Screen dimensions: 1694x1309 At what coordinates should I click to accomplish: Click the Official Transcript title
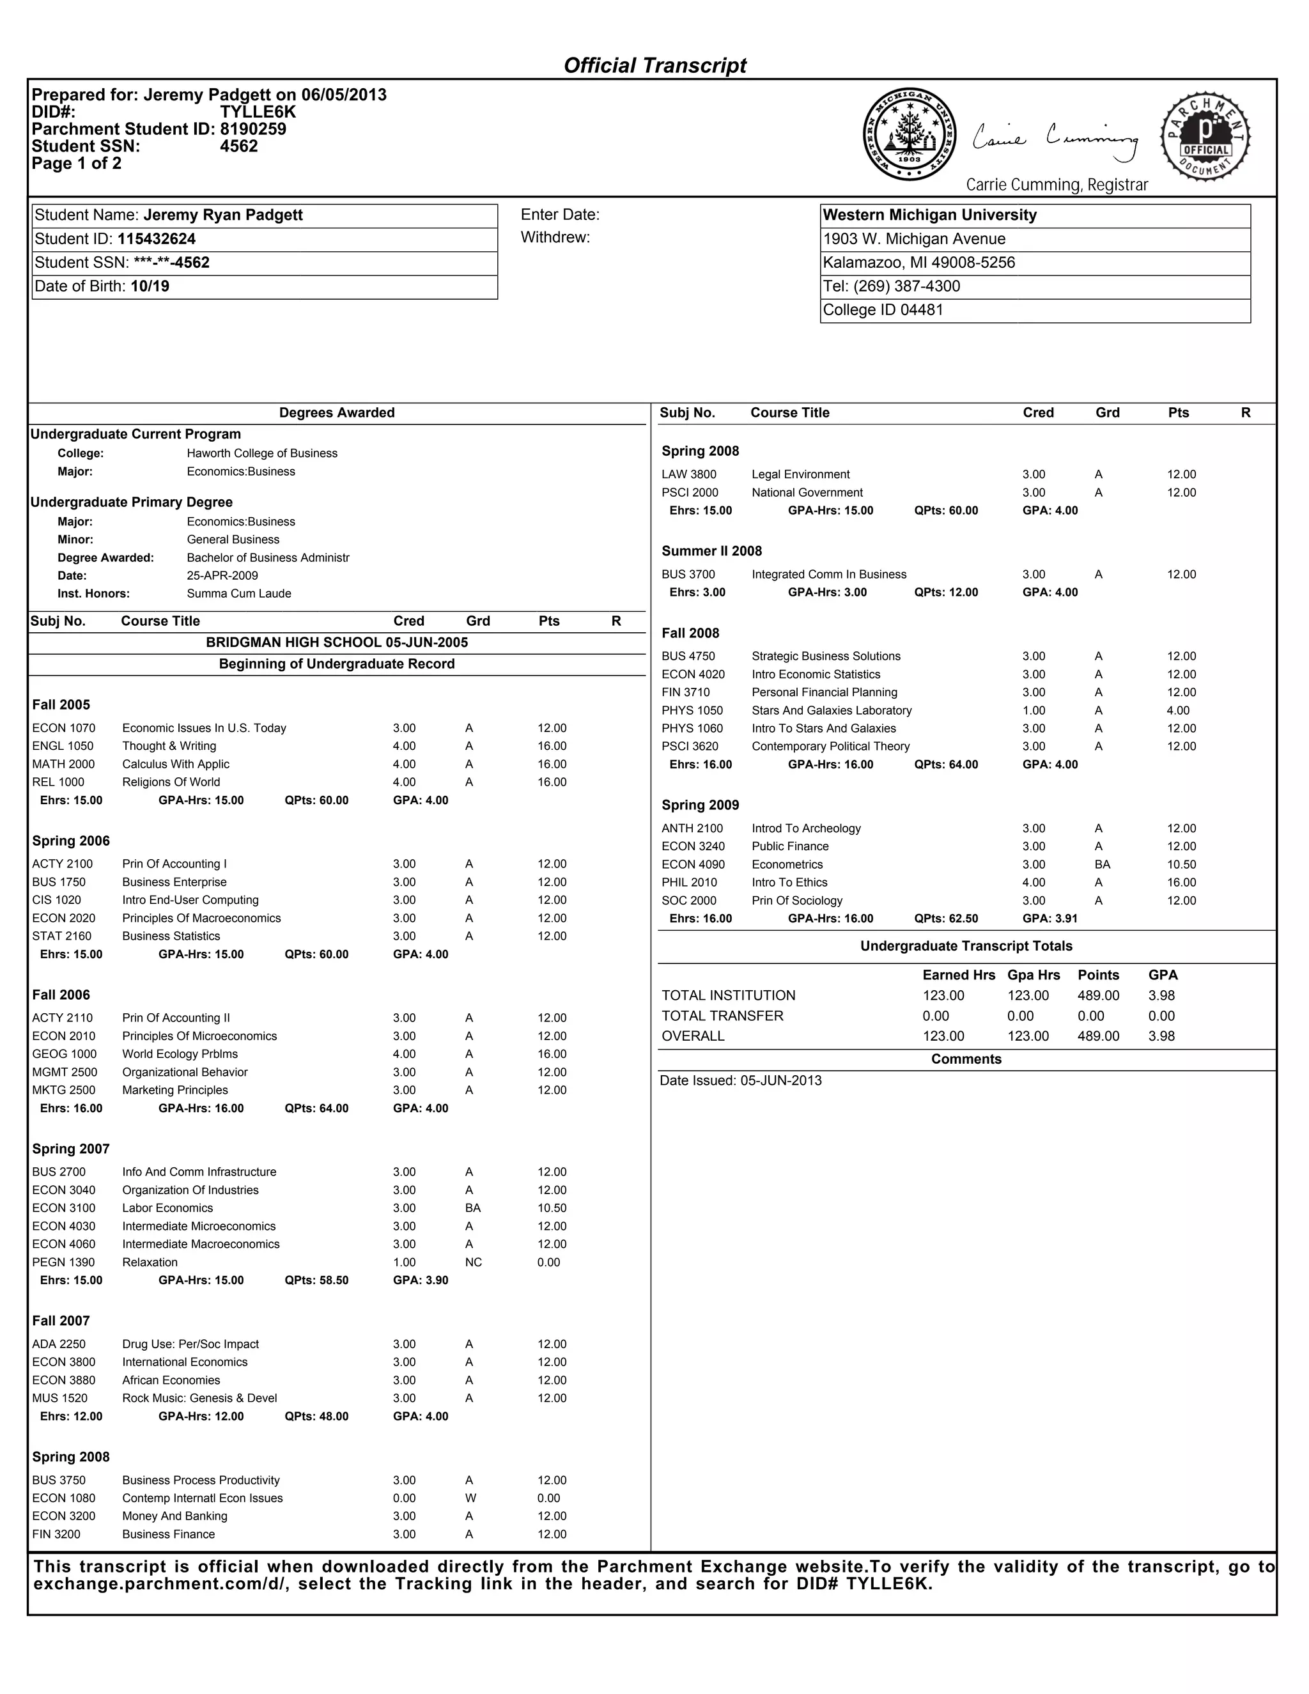point(654,66)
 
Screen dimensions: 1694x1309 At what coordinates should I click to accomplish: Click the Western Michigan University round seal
point(909,134)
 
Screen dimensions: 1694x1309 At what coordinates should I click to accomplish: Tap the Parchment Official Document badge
point(1205,138)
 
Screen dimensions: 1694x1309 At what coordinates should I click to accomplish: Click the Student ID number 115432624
point(157,239)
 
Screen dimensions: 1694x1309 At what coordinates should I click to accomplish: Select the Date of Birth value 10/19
point(150,286)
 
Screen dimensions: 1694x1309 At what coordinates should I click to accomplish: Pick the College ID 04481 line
point(883,310)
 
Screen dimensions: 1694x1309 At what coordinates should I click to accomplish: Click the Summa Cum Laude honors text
point(239,593)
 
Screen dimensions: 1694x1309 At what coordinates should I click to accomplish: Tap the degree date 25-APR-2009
point(222,575)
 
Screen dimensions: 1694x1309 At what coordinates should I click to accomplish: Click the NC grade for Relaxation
point(473,1262)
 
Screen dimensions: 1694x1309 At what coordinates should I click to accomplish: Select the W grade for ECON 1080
point(470,1498)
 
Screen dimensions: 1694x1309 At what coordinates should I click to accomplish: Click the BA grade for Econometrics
point(1102,864)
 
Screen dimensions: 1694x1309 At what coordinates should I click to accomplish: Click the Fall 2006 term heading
point(61,995)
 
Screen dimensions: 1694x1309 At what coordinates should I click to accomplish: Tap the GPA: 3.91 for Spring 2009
point(1050,919)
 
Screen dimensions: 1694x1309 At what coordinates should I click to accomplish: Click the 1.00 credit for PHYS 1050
point(1034,710)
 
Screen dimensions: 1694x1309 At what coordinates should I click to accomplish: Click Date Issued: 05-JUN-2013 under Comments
point(741,1080)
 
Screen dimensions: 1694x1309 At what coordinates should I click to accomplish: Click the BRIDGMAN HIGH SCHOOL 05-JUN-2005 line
point(337,642)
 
